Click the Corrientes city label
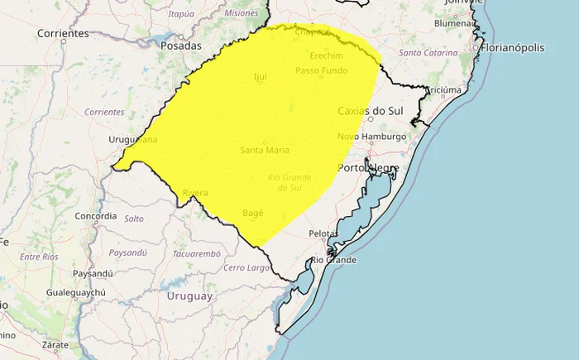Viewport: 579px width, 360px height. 63,34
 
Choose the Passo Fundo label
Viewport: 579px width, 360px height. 322,71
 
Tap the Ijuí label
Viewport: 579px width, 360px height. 261,77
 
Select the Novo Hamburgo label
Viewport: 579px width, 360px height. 372,137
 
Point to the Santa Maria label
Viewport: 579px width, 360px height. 264,151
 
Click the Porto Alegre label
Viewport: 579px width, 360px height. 369,168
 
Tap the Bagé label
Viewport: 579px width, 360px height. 253,214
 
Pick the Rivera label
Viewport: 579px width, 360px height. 195,194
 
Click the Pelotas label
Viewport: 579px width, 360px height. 323,234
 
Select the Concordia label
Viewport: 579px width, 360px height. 96,216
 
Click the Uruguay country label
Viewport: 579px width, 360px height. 190,295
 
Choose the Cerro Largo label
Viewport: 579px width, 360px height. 247,268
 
